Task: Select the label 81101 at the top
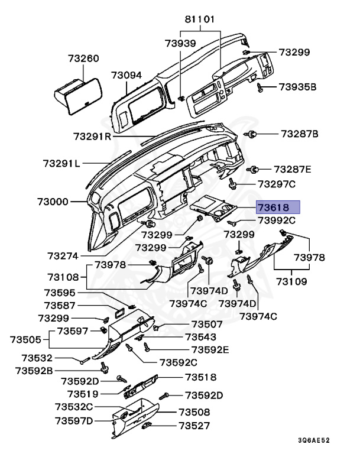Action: (200, 20)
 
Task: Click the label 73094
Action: (127, 75)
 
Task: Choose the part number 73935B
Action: (298, 87)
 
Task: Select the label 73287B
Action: (299, 134)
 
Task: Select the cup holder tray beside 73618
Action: (215, 210)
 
